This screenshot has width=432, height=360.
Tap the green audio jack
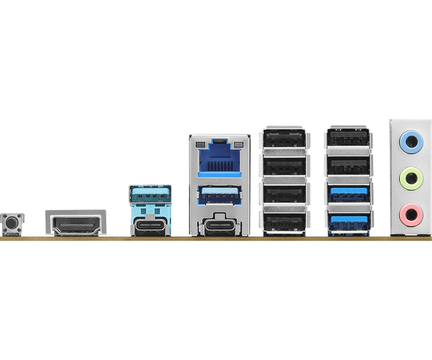click(x=410, y=178)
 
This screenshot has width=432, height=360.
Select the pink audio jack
click(x=410, y=213)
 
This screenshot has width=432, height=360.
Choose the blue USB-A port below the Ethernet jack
click(x=219, y=193)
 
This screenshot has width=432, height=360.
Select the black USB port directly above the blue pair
click(x=349, y=165)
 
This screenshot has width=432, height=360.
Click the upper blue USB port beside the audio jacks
click(x=349, y=193)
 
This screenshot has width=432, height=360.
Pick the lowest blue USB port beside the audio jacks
click(x=349, y=221)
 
